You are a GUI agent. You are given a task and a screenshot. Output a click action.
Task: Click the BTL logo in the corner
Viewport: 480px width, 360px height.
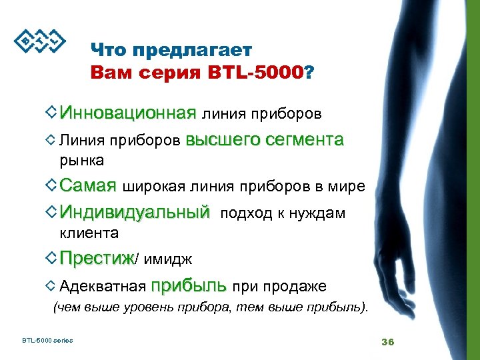40,41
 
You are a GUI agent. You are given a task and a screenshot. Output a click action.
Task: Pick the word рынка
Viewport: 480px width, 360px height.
81,160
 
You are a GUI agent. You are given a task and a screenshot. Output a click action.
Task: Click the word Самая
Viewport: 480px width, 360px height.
87,185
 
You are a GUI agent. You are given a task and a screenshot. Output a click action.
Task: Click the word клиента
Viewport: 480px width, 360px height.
89,233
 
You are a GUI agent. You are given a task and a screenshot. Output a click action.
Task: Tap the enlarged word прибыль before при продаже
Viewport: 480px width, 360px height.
189,286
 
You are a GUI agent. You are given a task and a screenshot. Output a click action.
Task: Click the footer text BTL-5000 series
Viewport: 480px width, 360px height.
47,341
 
